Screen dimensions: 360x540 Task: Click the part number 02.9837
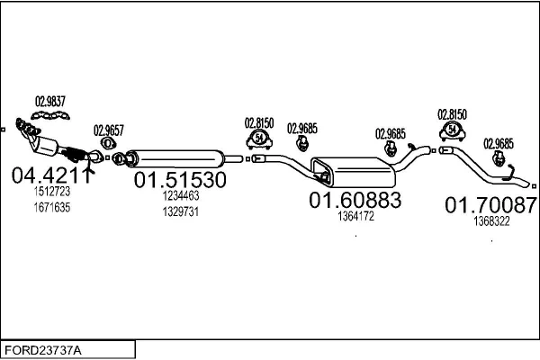pos(50,101)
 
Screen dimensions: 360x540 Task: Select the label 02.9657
pos(108,129)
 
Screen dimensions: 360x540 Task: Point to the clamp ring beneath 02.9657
pos(108,142)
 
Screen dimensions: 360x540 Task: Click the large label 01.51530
pos(180,180)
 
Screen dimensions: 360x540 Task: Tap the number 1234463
pos(180,195)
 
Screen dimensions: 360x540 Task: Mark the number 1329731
pos(180,211)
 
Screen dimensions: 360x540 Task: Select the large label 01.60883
pos(355,200)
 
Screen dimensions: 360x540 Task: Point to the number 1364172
pos(355,217)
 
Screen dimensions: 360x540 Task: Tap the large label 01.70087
pos(490,206)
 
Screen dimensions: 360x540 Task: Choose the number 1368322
pos(491,221)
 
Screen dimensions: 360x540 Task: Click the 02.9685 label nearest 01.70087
pos(499,142)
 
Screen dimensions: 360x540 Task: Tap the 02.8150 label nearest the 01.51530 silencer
pos(259,121)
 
